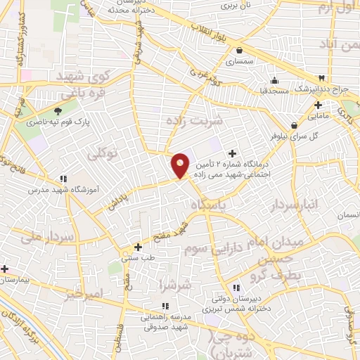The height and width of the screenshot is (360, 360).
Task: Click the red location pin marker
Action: [x=181, y=165]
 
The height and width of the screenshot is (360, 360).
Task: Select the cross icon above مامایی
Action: [x=318, y=105]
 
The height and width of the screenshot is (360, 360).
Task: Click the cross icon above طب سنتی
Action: [x=138, y=247]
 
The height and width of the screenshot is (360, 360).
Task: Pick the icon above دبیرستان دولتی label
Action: [x=237, y=288]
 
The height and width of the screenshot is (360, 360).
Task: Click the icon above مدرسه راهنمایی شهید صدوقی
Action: [x=165, y=306]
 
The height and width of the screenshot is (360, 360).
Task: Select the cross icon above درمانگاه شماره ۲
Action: [x=233, y=154]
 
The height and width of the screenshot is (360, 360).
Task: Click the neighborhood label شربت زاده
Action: [x=194, y=120]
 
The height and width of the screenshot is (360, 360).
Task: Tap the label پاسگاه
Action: [x=212, y=204]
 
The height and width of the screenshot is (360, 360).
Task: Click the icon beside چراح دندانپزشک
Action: [x=322, y=77]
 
